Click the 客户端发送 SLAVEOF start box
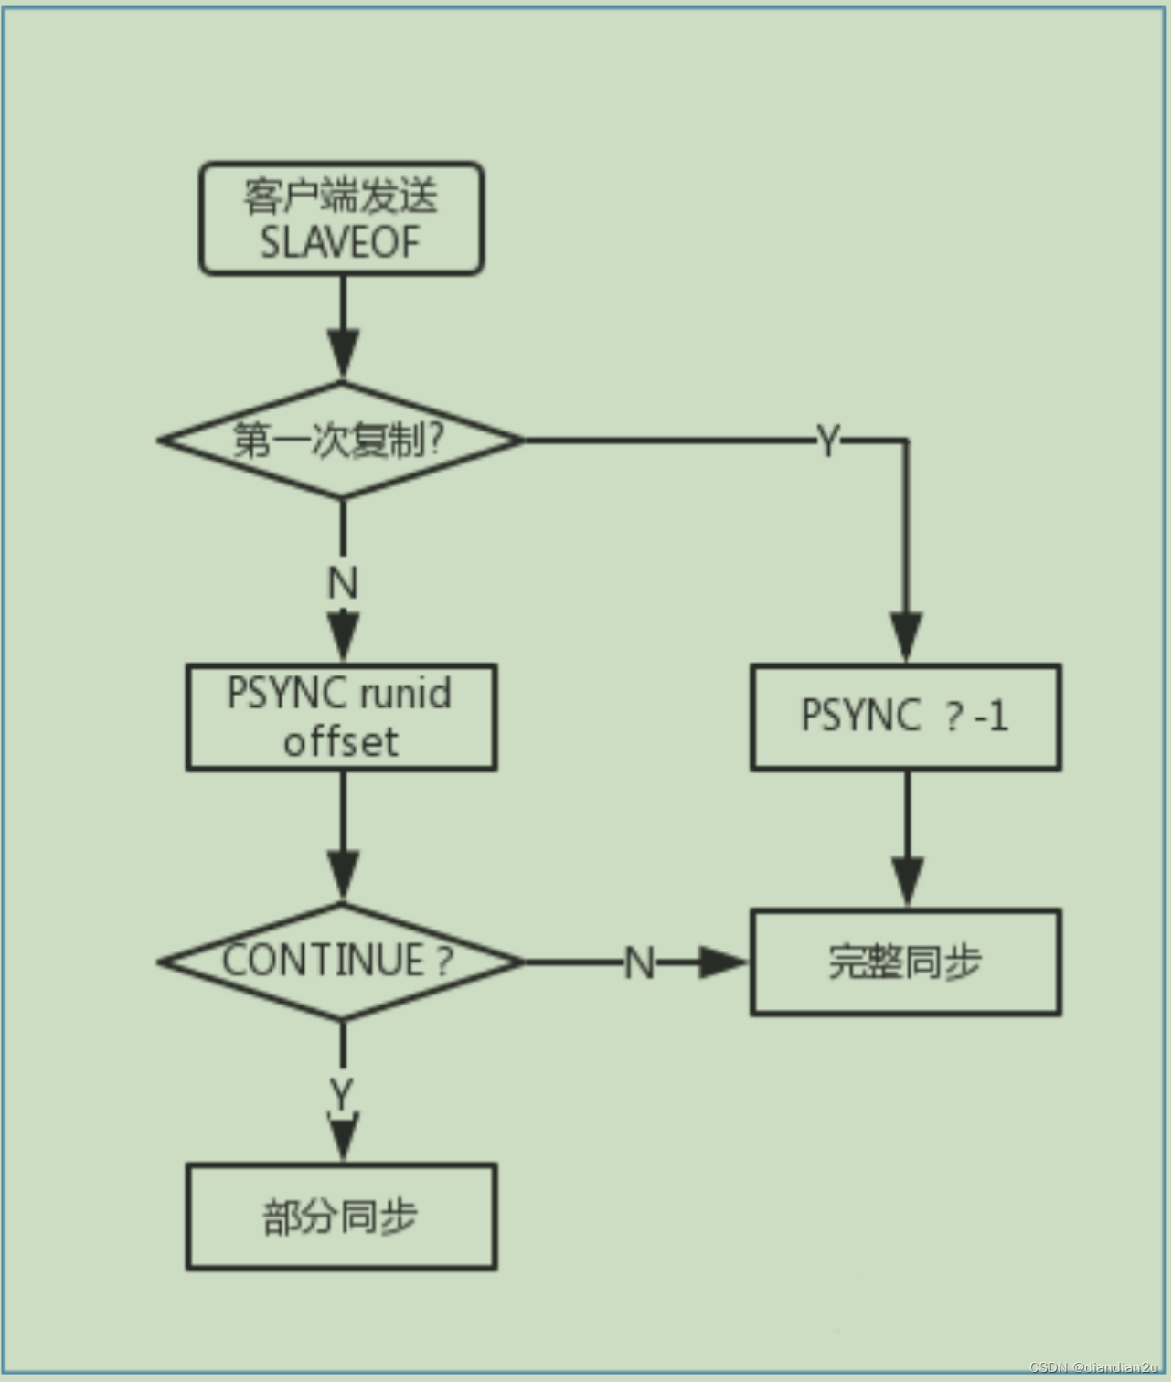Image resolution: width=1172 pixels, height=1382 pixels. (x=341, y=218)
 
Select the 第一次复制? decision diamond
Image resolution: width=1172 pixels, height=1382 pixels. (x=341, y=441)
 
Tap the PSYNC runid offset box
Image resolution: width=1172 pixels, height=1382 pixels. (x=341, y=718)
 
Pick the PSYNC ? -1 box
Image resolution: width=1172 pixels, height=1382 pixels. (x=905, y=717)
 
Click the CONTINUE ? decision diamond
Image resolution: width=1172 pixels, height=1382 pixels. (x=341, y=962)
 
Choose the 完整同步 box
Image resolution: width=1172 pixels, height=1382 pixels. (x=905, y=962)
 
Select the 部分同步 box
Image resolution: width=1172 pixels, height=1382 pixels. (x=341, y=1217)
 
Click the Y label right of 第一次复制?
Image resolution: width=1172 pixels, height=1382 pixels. (x=827, y=441)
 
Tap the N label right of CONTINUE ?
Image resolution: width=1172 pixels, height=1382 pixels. (x=639, y=963)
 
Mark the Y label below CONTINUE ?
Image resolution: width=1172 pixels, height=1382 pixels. (x=342, y=1093)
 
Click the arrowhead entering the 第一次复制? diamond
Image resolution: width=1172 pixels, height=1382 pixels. (x=343, y=355)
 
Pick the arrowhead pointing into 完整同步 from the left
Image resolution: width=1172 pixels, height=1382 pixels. (x=722, y=962)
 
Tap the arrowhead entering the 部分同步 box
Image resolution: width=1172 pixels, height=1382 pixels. (x=343, y=1137)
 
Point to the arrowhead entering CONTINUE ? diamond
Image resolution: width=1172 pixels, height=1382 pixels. (x=343, y=876)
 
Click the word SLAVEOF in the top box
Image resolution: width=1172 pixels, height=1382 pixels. (x=340, y=243)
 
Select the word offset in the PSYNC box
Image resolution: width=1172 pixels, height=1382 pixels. (x=340, y=742)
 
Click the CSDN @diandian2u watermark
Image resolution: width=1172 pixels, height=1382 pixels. (x=1093, y=1367)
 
